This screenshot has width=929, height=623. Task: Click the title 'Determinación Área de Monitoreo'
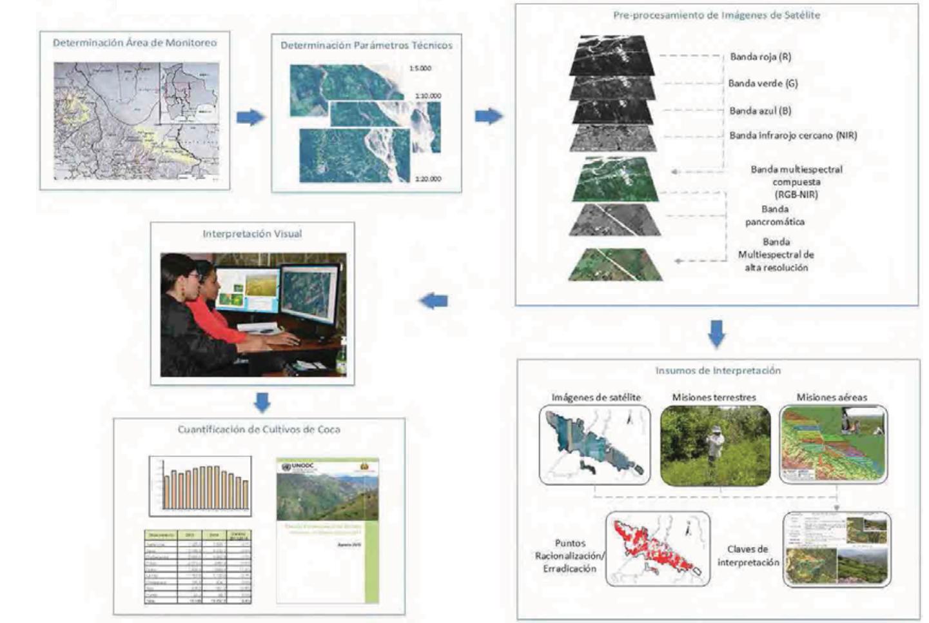tap(135, 43)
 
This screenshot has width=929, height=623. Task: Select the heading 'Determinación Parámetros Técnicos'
tap(366, 45)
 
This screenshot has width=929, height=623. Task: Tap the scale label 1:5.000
tap(420, 68)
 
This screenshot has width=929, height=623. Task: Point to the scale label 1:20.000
tap(428, 179)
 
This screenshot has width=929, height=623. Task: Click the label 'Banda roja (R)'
tap(760, 57)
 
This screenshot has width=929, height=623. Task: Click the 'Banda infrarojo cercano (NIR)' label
tap(793, 135)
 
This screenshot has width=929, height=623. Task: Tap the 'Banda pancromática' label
tap(775, 215)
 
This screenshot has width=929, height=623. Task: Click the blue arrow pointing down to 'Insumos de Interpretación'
tap(717, 333)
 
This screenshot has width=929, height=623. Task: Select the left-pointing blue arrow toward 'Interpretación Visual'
tap(434, 301)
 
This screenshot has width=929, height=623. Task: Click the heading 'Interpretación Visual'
tap(252, 233)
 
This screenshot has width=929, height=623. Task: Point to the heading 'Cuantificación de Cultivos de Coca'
tap(259, 430)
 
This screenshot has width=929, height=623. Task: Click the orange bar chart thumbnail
tap(200, 486)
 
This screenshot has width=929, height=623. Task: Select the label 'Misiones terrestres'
tap(714, 397)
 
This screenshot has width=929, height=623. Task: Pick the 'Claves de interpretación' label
tap(748, 555)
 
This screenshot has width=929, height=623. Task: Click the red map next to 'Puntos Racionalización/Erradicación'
tap(657, 549)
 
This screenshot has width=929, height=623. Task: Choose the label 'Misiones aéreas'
tap(832, 397)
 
